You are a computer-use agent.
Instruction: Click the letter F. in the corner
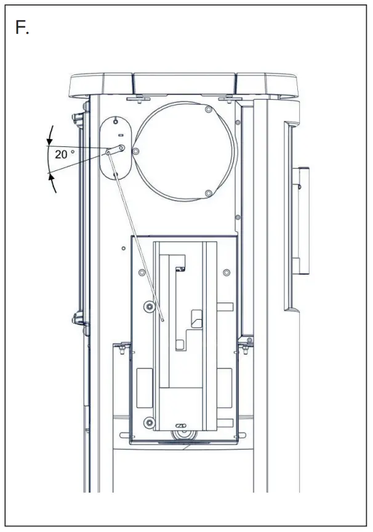22,27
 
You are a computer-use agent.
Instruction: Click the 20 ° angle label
65,154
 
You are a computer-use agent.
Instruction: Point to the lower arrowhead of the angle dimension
51,177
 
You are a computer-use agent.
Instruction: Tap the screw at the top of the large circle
209,109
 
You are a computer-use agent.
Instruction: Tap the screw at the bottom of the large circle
209,193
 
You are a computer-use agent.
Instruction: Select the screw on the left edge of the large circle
135,151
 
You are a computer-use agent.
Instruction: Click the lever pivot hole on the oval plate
121,148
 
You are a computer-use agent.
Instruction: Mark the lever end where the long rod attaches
108,153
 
